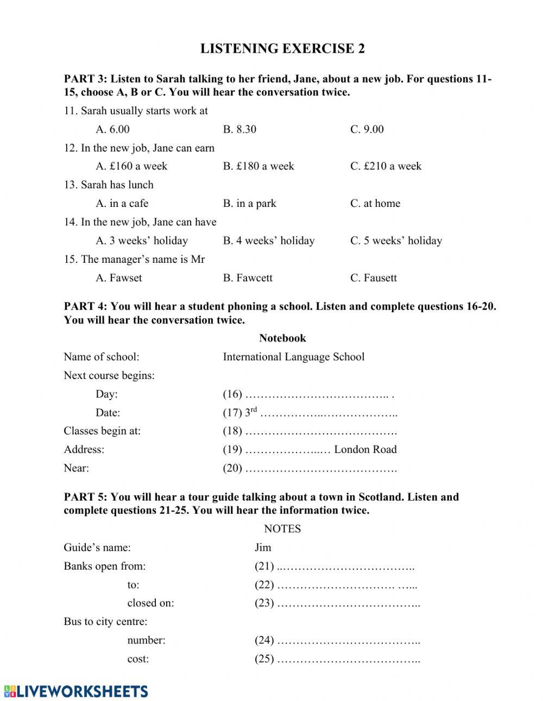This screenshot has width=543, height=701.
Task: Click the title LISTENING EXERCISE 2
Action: click(x=282, y=49)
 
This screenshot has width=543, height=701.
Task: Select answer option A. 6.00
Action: click(x=112, y=129)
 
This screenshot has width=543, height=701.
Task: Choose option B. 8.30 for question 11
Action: click(x=239, y=129)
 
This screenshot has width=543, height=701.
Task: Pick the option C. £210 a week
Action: click(x=386, y=166)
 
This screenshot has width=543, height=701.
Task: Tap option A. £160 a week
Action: click(x=131, y=166)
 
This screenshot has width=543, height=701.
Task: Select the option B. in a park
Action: click(x=249, y=204)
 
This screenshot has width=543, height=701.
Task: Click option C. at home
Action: click(x=375, y=204)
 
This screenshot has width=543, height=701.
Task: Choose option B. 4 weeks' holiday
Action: click(x=269, y=241)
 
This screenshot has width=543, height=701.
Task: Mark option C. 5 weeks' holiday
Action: click(x=396, y=241)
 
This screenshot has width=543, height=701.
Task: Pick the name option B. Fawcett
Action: click(x=248, y=278)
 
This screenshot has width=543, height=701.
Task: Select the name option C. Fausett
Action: click(x=374, y=278)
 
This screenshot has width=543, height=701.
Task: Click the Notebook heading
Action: click(x=282, y=338)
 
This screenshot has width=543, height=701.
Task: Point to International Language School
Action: click(x=293, y=357)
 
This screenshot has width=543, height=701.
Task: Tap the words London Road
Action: click(x=365, y=450)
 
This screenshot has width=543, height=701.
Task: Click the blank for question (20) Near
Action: click(x=320, y=468)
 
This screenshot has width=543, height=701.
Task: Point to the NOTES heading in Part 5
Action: click(x=282, y=529)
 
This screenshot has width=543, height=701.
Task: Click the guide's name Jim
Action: click(x=263, y=547)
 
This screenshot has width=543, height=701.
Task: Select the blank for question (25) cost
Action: click(x=348, y=659)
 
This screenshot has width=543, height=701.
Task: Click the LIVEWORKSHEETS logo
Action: click(x=76, y=691)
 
